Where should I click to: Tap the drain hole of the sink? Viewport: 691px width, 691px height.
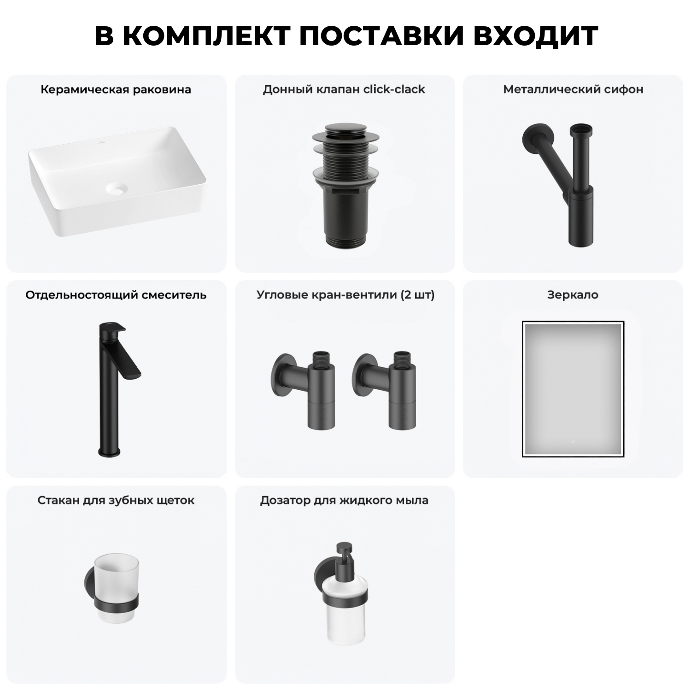(x=116, y=188)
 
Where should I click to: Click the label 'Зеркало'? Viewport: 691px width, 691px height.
(x=573, y=295)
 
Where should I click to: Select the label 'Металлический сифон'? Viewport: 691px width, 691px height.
(x=573, y=89)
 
